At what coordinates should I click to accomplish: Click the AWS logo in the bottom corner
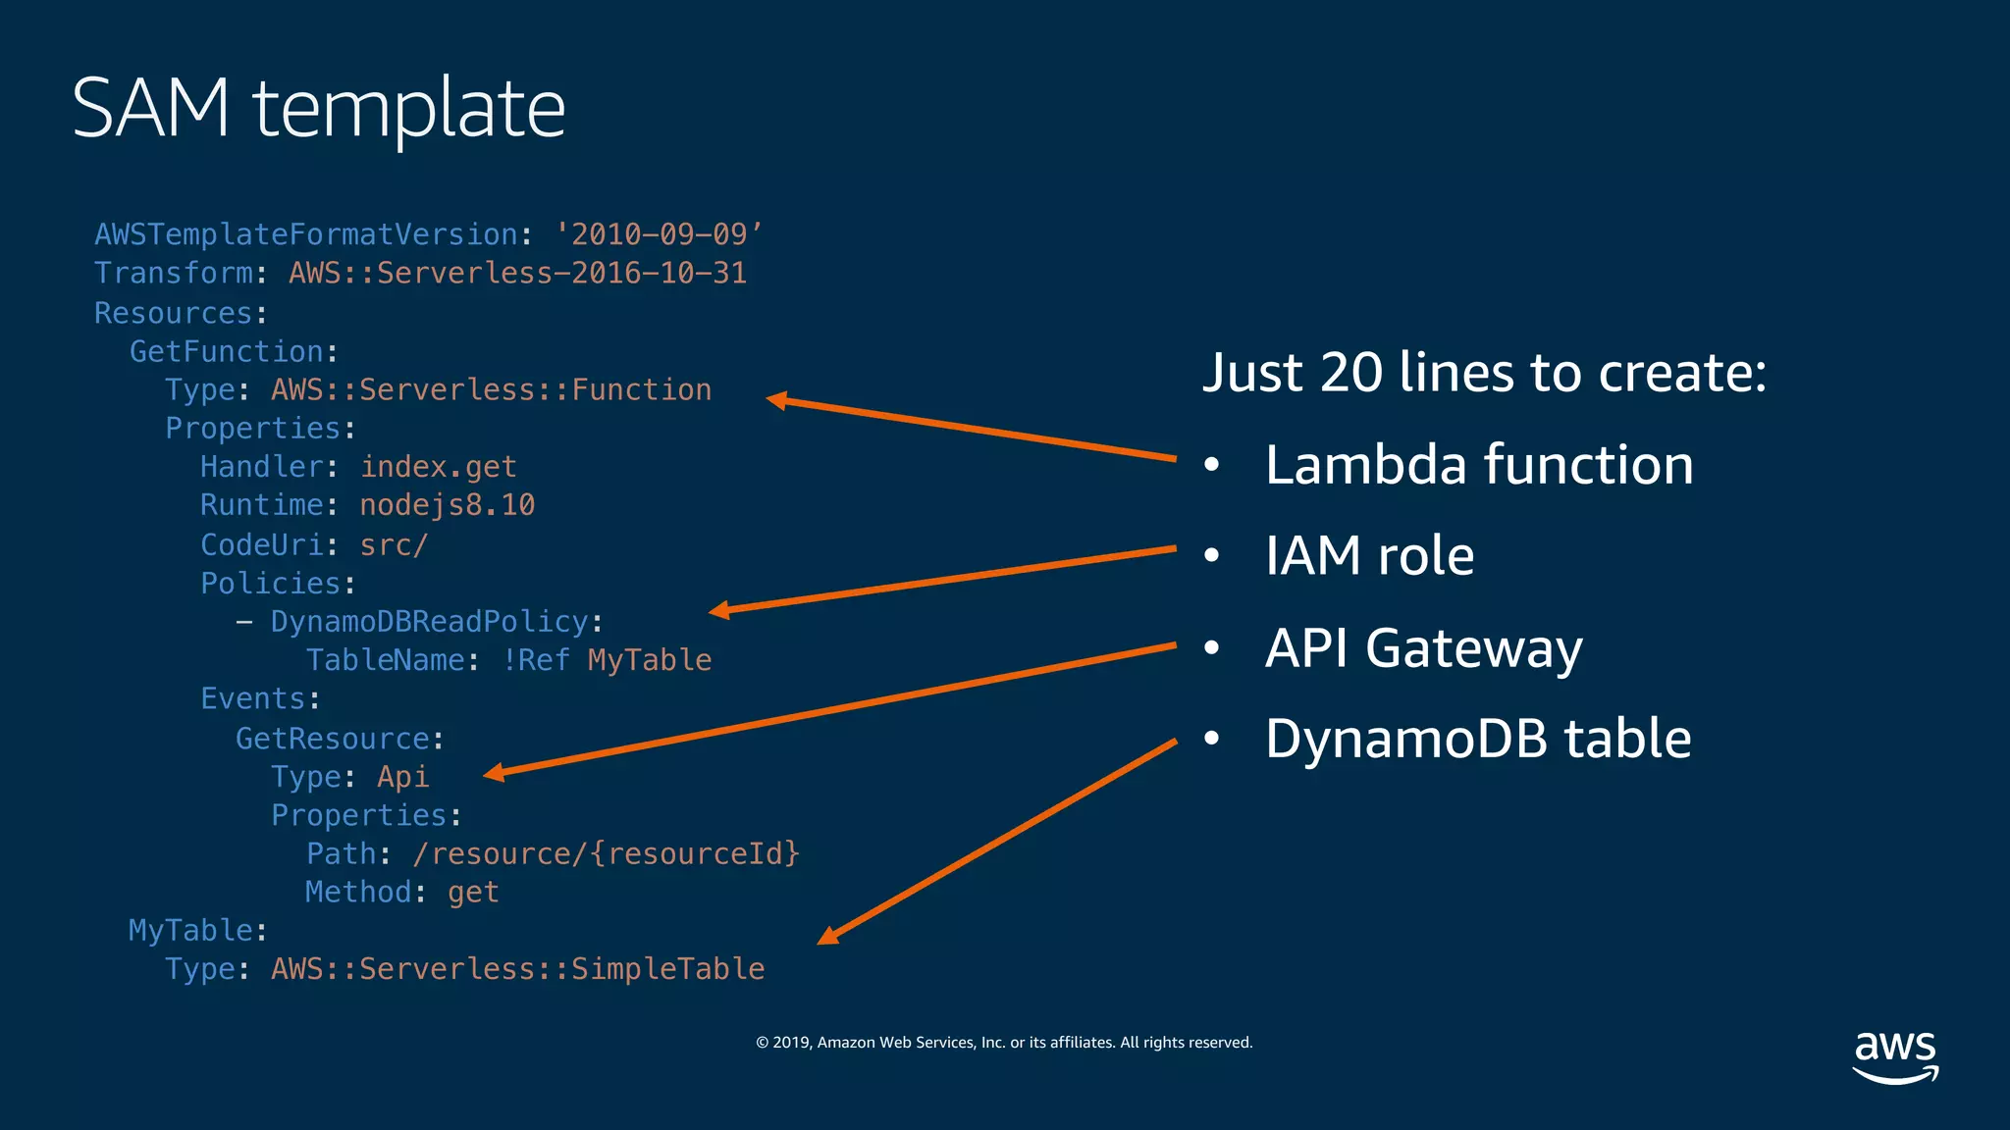(1895, 1055)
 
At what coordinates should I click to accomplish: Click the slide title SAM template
(318, 108)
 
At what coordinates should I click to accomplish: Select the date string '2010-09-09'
(658, 234)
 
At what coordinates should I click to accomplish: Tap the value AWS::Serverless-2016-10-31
(517, 273)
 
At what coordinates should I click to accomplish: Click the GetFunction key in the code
(227, 351)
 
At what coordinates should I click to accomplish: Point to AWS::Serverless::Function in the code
(491, 389)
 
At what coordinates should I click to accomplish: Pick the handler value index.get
(438, 467)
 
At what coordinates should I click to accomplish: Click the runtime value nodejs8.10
(447, 505)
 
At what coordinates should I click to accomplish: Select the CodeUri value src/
(394, 544)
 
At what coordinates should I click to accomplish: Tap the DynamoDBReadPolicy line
(429, 622)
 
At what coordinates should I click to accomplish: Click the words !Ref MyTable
(607, 660)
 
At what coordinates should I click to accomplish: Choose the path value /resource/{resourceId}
(606, 853)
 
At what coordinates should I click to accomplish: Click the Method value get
(473, 892)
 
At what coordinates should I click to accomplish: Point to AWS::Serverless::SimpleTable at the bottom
(517, 969)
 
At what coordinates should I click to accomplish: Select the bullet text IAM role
(1369, 555)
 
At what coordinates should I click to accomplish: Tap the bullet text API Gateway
(1423, 647)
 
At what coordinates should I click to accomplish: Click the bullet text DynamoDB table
(1478, 739)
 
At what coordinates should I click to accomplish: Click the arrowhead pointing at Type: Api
(494, 773)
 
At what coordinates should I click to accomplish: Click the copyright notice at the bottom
(1004, 1043)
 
